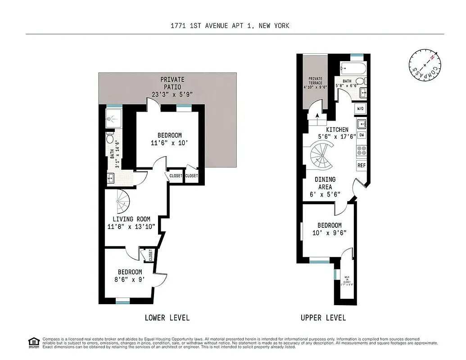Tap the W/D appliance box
tap(361, 108)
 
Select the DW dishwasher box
tap(361, 135)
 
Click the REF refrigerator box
tap(361, 165)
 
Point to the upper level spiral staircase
tap(322, 155)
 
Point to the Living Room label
tap(131, 219)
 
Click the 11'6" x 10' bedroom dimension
tap(170, 144)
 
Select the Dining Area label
tap(325, 183)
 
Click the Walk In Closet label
tap(347, 279)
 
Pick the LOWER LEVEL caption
tap(167, 318)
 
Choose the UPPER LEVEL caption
tap(323, 318)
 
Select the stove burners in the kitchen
tap(361, 150)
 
